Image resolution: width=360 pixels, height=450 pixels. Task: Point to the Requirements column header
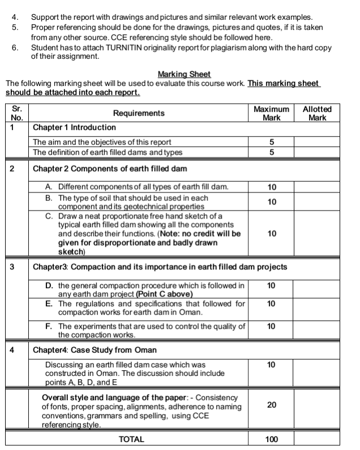pos(139,113)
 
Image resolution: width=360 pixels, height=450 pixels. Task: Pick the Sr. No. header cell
pos(16,113)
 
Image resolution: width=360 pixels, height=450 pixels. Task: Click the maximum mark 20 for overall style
pos(271,405)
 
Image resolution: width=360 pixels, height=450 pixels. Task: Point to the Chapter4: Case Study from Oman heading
pos(95,349)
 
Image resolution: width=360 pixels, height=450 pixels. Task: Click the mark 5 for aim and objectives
pos(271,142)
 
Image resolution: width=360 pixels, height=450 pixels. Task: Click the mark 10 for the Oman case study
pos(271,365)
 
